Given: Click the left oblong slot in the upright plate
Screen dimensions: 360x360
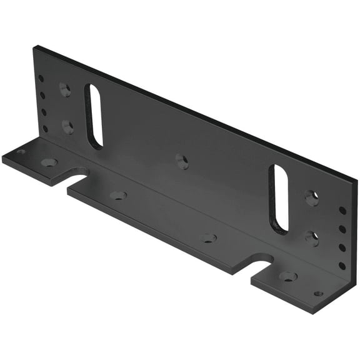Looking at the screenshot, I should tap(94, 116).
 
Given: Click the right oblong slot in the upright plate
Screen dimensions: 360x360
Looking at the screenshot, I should tap(279, 199).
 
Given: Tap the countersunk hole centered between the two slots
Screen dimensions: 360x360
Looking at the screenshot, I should tap(182, 161).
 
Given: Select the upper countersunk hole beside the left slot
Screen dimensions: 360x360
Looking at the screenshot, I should tap(65, 89).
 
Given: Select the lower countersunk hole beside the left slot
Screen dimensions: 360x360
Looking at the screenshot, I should tap(67, 126).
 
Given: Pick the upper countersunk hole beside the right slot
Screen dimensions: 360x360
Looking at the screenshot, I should tap(311, 198).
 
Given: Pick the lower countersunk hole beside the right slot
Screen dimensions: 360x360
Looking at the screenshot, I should tap(312, 237).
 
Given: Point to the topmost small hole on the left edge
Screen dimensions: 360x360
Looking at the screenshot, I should tap(41, 79).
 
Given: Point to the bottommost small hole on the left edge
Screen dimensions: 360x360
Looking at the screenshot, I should tap(45, 129).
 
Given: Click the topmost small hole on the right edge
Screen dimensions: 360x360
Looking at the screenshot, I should tap(342, 211).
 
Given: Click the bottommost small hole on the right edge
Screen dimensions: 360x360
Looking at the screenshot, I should tap(342, 265).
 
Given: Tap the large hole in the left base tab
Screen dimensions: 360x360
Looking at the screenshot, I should tap(48, 162).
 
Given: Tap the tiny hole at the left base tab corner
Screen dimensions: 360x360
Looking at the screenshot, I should tap(21, 151).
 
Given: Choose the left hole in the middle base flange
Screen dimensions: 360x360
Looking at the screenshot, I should tap(117, 195).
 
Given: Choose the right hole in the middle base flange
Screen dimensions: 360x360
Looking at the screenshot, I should tap(208, 238).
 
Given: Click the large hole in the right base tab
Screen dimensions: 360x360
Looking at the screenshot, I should tap(287, 276).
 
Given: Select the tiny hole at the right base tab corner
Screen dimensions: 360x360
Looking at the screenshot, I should tap(318, 293).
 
